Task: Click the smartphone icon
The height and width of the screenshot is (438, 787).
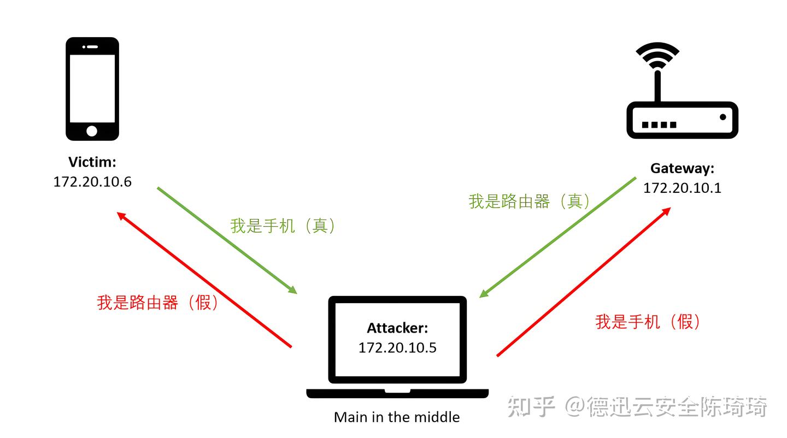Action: [92, 88]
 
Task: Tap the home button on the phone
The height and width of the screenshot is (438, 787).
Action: [92, 131]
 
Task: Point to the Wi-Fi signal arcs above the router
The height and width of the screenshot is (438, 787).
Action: [657, 55]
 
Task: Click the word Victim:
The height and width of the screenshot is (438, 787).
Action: [92, 162]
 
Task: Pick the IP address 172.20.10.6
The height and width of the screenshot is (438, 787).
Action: [92, 182]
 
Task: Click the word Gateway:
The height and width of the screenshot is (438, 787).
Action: [682, 168]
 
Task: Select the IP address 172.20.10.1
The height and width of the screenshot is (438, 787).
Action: [682, 188]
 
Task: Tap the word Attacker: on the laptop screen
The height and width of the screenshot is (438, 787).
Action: [397, 328]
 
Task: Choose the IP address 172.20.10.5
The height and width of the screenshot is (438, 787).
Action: [397, 347]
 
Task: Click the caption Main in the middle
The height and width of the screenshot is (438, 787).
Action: [397, 417]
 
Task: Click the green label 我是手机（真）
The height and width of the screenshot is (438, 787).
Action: [283, 226]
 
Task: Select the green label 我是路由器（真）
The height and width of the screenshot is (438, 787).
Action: [530, 201]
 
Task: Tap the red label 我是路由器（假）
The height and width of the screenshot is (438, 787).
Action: [158, 302]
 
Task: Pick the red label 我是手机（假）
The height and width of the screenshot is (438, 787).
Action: [648, 322]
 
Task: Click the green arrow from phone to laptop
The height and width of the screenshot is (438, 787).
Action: [227, 240]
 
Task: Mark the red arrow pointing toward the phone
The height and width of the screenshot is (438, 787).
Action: [204, 280]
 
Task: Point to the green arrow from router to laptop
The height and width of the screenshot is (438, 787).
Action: [557, 237]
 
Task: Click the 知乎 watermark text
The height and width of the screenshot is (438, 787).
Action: [530, 407]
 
